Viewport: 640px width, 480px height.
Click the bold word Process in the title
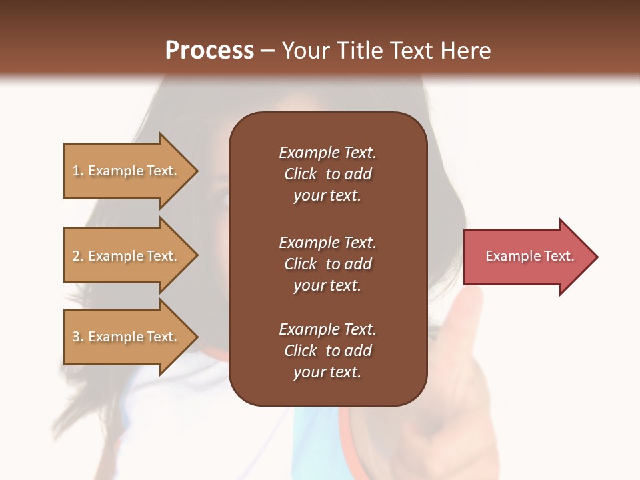pos(209,50)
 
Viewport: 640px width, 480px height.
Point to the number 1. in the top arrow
pos(77,171)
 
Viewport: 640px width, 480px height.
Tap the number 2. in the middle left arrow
pos(77,256)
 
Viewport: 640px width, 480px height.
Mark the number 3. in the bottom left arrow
pos(77,337)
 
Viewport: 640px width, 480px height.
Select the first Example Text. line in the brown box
pos(327,153)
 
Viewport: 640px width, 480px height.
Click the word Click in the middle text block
pos(301,264)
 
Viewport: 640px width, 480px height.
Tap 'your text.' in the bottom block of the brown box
pos(327,372)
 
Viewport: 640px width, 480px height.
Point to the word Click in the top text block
pos(301,174)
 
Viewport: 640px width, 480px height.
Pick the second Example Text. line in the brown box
pos(327,243)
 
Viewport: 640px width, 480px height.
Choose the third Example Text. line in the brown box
pos(327,329)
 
